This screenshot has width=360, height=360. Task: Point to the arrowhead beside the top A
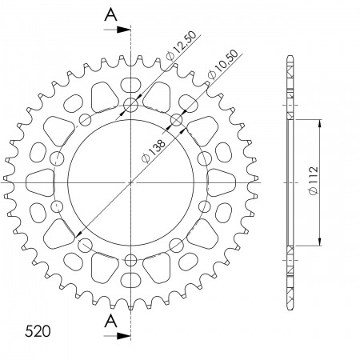[x=125, y=30]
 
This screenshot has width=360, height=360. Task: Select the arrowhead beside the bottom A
[x=125, y=337]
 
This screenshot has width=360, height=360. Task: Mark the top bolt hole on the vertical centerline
[x=131, y=104]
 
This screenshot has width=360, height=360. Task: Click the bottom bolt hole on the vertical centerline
[x=131, y=259]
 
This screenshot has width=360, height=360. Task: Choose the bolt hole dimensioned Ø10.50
[x=177, y=121]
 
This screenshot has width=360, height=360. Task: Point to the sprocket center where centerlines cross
[x=131, y=182]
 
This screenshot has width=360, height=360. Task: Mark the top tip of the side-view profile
[x=290, y=58]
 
